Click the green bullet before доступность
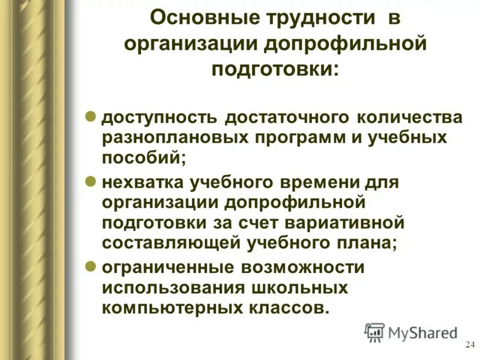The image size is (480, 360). point(92,116)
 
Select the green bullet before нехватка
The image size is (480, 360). point(92,180)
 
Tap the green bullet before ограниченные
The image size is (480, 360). point(92,266)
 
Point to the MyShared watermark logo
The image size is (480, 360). point(410,332)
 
